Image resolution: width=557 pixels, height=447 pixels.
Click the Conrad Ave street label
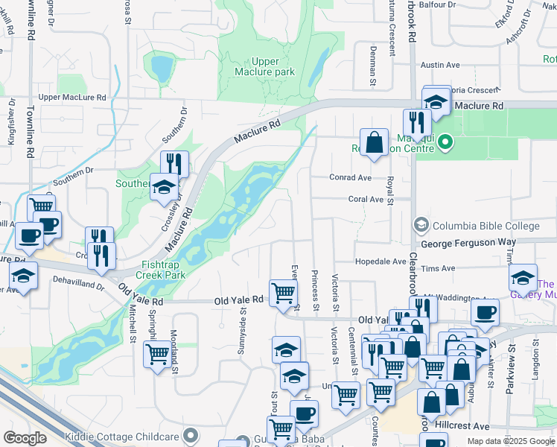click(351, 178)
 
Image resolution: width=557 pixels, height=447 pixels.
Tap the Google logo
click(25, 438)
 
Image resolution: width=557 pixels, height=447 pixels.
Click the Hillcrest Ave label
click(464, 426)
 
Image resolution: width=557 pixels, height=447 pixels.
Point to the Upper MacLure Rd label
click(72, 98)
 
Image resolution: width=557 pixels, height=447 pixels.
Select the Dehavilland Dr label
click(78, 284)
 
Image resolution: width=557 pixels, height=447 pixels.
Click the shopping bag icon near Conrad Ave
click(374, 142)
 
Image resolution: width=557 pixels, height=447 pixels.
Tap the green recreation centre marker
click(445, 140)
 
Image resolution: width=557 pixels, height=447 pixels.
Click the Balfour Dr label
click(436, 5)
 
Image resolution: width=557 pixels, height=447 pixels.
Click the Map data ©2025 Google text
click(510, 441)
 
